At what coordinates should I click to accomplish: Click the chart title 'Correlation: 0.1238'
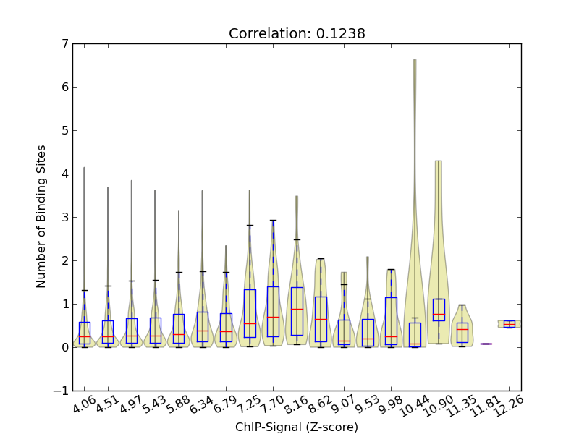tap(297, 34)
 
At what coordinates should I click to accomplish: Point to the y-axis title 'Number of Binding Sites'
tap(41, 216)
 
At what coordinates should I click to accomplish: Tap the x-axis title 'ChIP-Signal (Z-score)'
tap(297, 427)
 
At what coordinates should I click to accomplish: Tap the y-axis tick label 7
tap(64, 44)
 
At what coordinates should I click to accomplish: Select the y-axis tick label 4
tap(64, 174)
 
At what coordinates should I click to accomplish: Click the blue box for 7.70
tap(273, 311)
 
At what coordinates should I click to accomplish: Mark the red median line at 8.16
tap(297, 309)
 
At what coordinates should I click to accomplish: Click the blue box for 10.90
tap(438, 310)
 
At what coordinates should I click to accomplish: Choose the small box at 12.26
tap(509, 324)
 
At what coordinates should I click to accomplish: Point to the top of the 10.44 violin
tap(415, 61)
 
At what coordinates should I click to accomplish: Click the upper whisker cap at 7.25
tap(250, 226)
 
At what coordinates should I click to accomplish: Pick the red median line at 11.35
tap(462, 329)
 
